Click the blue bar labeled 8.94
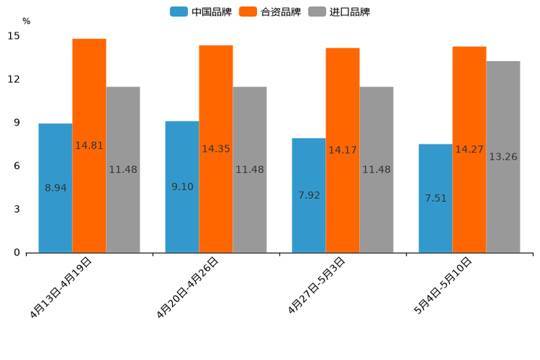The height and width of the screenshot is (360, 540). coord(55,188)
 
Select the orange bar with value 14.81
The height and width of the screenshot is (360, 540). coord(89,145)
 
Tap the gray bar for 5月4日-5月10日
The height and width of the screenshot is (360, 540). coord(503,157)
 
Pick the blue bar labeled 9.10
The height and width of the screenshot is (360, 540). coord(182,187)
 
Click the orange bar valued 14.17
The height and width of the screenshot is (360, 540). coord(343,150)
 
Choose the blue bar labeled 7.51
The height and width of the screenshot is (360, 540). coord(435,198)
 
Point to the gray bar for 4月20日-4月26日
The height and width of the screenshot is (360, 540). coord(250,170)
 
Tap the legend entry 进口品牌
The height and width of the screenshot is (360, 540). coord(339,12)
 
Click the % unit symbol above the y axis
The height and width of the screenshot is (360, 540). coord(27,21)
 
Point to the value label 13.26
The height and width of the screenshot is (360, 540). coord(503,157)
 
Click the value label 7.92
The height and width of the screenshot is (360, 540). coord(308,195)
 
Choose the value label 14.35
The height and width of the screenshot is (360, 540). coord(216,149)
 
